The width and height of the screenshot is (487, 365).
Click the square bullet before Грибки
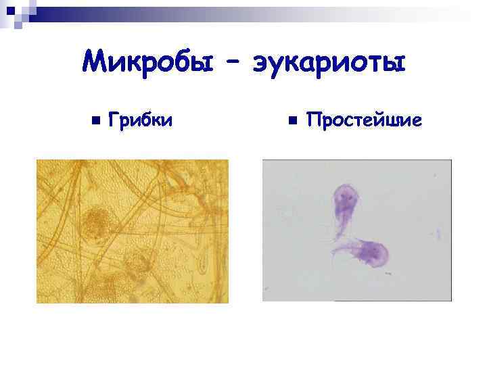[95, 121]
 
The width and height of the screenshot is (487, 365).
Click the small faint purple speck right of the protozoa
[438, 235]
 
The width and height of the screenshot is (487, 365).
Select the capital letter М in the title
[94, 64]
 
